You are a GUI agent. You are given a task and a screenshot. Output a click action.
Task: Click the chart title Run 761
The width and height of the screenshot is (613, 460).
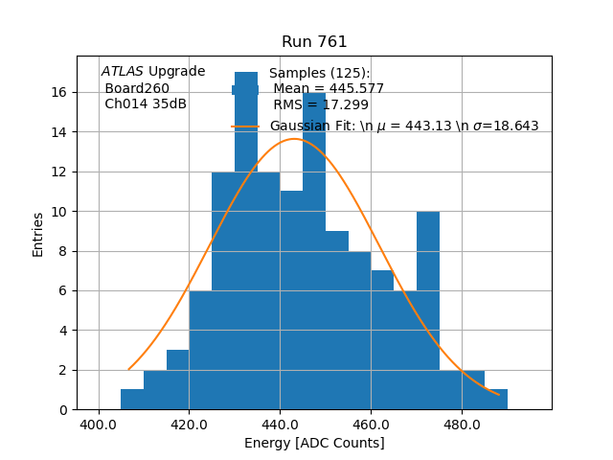[x=314, y=42]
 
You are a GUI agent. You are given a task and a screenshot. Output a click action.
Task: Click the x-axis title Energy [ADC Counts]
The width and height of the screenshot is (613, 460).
[x=314, y=443]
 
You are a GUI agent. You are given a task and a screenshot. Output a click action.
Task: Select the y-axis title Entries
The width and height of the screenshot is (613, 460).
[x=38, y=234]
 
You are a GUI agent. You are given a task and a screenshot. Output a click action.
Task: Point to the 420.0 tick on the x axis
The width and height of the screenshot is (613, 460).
[x=189, y=425]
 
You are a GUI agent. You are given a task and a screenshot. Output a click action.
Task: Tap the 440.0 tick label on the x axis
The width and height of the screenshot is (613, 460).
[x=280, y=425]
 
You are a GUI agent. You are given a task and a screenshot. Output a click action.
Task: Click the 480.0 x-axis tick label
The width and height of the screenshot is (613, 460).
[x=462, y=425]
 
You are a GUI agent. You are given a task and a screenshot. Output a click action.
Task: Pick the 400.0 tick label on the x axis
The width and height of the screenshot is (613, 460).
[x=99, y=425]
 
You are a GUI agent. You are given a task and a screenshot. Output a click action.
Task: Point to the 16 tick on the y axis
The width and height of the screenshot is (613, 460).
[x=58, y=92]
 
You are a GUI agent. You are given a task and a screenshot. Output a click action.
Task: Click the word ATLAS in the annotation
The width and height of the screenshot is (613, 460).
[x=123, y=72]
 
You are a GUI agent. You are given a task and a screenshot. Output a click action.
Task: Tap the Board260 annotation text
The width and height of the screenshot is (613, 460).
[x=137, y=88]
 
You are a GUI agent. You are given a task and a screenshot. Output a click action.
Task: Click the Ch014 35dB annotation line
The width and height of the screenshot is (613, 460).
[x=146, y=104]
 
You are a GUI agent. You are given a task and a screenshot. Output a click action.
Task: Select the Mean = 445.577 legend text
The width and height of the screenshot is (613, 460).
[x=329, y=89]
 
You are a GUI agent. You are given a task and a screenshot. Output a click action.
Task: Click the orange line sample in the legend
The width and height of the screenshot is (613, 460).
[x=245, y=126]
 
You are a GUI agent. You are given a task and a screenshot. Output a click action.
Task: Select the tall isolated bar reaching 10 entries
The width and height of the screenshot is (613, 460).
[x=428, y=307]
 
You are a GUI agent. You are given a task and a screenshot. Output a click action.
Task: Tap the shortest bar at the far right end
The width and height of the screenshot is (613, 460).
[x=496, y=400]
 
